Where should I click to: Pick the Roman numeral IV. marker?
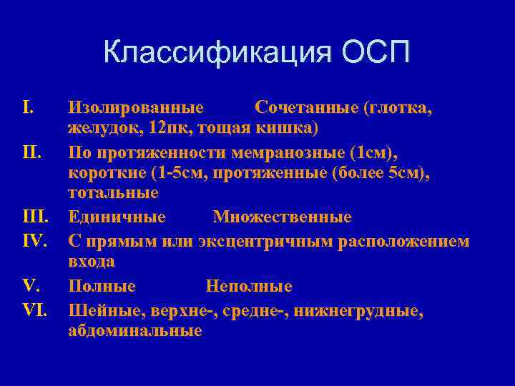(35, 240)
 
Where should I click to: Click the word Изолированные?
(136, 108)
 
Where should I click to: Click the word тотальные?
(114, 193)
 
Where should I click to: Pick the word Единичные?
(117, 217)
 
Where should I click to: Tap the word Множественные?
(282, 217)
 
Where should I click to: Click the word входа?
(92, 262)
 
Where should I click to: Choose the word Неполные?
(249, 286)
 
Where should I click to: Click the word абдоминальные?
(135, 331)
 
